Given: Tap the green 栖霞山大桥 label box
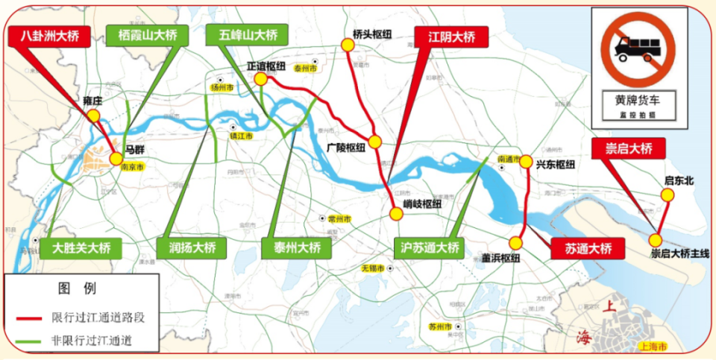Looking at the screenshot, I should pos(147,36).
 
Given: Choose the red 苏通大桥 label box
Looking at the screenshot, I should pos(588,249).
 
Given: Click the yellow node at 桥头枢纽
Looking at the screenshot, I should pos(348,45).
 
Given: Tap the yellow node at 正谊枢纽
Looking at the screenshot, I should pos(260,79).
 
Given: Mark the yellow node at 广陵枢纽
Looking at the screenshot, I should pos(374,142).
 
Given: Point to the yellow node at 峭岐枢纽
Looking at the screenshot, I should pos(396,214).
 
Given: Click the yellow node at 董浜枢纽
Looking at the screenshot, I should pos(515,243).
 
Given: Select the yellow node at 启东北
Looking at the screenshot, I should pos(668,195).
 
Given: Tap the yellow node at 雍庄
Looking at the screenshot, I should pos(93,116).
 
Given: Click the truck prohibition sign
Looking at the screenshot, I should pos(635,48).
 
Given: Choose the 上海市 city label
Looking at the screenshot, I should pos(653,347).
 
